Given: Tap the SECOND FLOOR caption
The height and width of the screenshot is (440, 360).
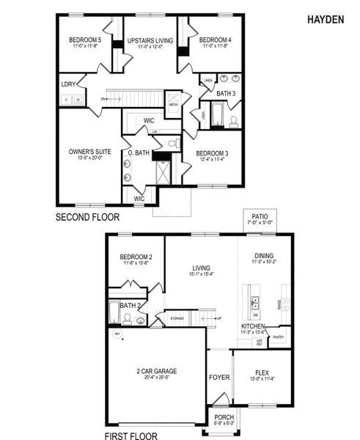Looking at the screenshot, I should click(x=88, y=217).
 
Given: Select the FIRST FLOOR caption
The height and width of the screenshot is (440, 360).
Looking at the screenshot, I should click(x=131, y=436).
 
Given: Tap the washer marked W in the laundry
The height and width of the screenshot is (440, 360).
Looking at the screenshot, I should click(x=76, y=99).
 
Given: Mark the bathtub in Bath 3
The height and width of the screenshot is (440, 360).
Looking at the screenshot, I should click(x=218, y=114).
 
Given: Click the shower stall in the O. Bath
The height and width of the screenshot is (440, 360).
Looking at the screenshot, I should click(x=161, y=173).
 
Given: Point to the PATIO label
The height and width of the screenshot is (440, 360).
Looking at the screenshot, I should click(x=259, y=218).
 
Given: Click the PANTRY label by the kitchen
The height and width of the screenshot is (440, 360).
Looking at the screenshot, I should click(x=278, y=337).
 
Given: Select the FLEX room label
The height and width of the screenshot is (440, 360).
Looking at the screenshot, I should click(x=262, y=372).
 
